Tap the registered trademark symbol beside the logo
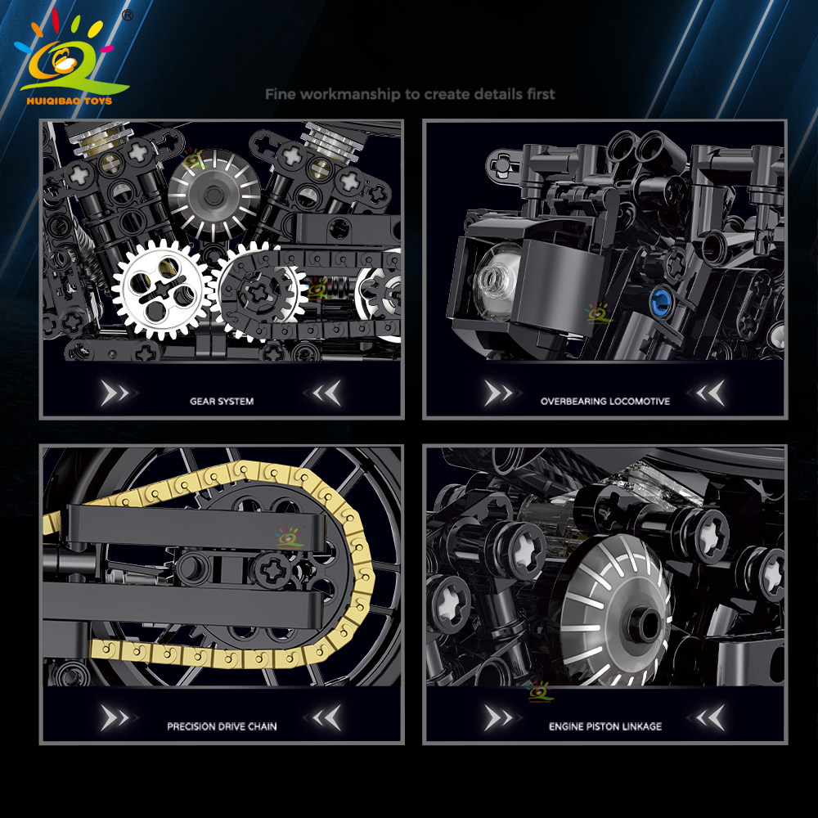click(x=128, y=16)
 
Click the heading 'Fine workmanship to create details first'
click(x=410, y=94)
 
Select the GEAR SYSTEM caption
click(x=222, y=401)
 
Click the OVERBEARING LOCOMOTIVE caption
click(x=605, y=401)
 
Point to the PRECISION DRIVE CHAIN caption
click(x=222, y=726)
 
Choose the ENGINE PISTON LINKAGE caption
click(x=605, y=726)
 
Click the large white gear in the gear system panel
click(x=162, y=290)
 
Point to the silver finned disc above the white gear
click(x=214, y=195)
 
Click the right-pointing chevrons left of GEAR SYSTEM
click(x=115, y=393)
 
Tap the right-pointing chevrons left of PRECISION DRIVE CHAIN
click(x=115, y=718)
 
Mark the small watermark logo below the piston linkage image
click(x=539, y=692)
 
